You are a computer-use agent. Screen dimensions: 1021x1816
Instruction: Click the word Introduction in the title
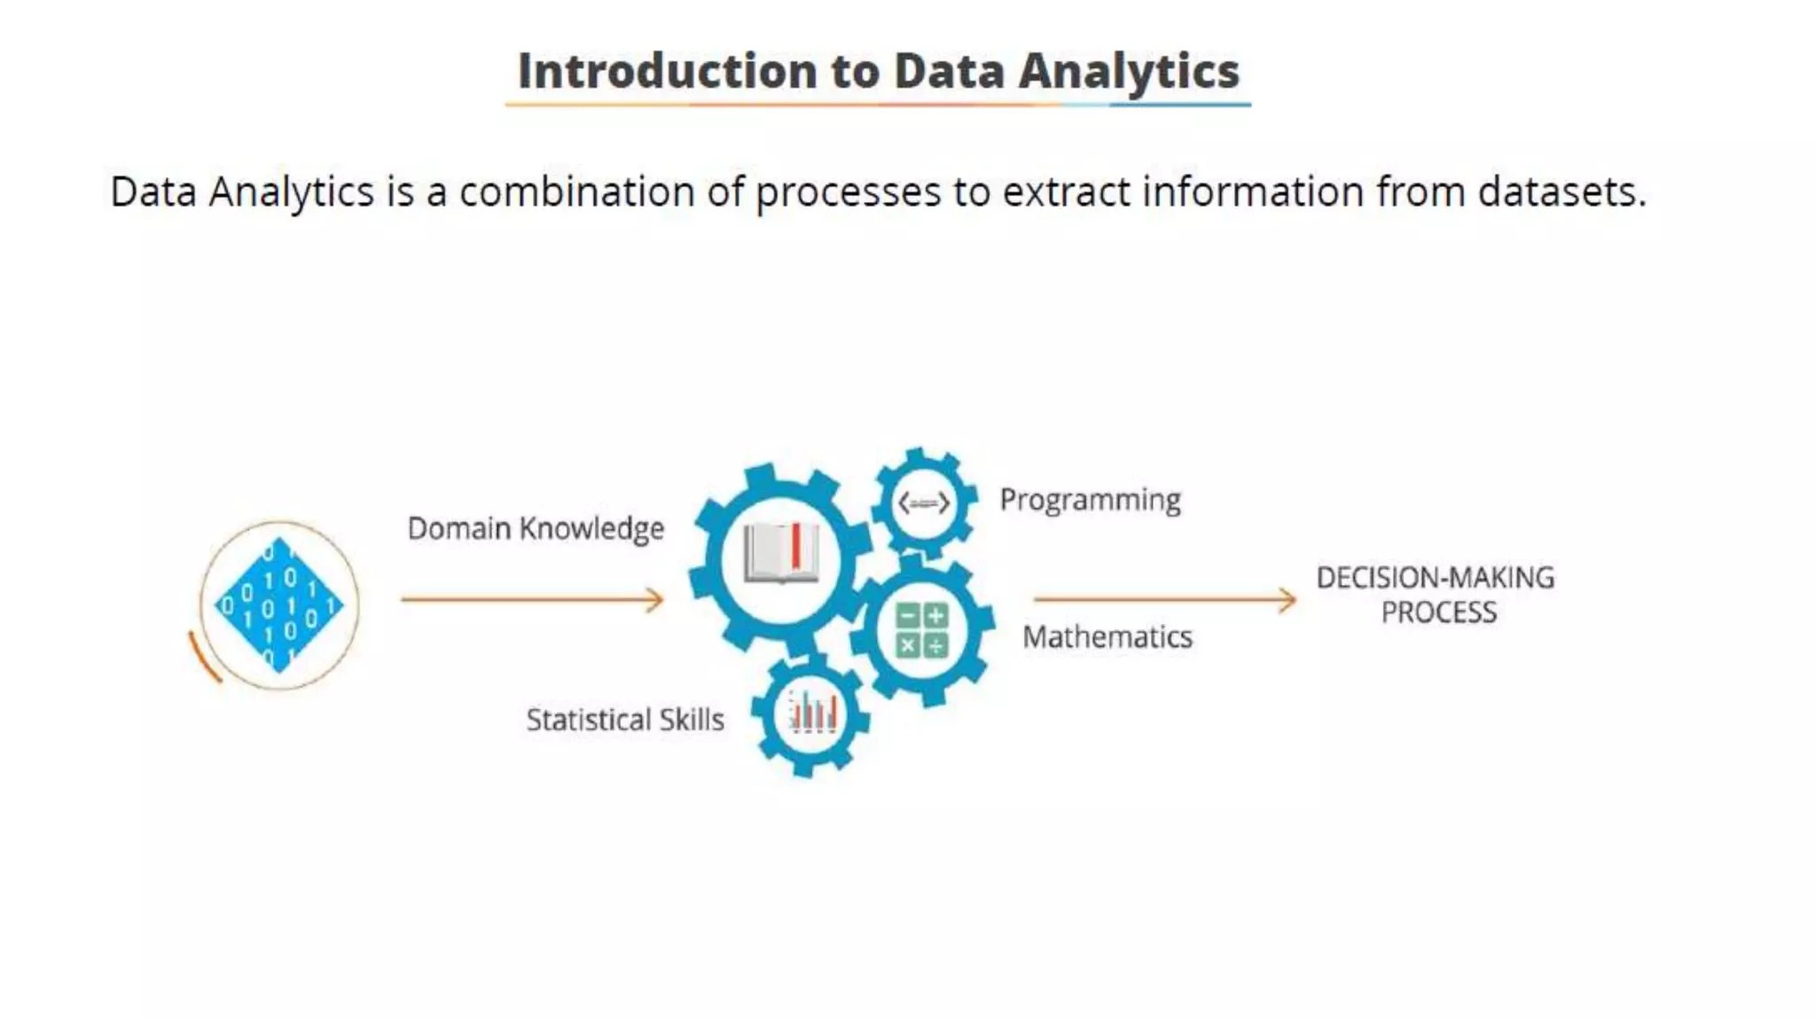point(667,71)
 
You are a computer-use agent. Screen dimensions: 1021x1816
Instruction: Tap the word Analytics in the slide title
point(1128,71)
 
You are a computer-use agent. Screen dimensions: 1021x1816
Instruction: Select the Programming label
point(1090,500)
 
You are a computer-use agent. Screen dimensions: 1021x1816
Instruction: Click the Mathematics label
point(1107,637)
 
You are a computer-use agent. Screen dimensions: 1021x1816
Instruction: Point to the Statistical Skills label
point(625,720)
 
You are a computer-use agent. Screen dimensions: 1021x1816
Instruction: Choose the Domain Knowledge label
point(536,529)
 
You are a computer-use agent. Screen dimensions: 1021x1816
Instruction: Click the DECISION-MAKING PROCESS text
point(1436,595)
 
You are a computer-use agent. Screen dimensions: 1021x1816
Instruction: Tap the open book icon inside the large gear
point(780,554)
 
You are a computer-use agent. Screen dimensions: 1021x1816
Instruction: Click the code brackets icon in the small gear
point(923,503)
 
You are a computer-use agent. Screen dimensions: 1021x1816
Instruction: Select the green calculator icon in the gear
point(922,630)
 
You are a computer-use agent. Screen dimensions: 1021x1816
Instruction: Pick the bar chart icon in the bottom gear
point(811,713)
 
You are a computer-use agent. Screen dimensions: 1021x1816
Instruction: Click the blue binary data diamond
point(278,605)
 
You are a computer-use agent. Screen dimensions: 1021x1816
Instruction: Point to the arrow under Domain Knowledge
point(531,600)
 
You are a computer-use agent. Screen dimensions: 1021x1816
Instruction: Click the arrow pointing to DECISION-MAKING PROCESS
point(1164,600)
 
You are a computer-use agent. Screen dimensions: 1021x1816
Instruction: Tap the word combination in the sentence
point(576,192)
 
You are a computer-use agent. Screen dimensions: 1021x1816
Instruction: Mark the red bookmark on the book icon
point(795,546)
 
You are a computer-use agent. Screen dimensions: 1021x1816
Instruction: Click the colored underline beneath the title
point(878,105)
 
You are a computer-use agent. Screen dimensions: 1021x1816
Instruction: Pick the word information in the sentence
point(1253,192)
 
